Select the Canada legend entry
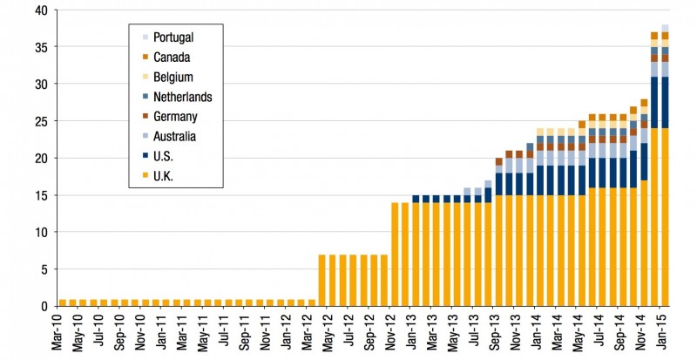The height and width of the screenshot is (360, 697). pyautogui.click(x=171, y=57)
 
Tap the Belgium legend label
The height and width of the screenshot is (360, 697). pyautogui.click(x=173, y=77)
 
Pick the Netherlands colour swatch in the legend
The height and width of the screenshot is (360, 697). pyautogui.click(x=145, y=97)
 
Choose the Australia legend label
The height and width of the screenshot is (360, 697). pyautogui.click(x=174, y=137)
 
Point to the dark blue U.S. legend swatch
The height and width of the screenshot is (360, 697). pyautogui.click(x=145, y=157)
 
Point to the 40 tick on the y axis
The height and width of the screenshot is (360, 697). pyautogui.click(x=41, y=10)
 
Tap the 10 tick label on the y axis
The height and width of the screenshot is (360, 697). pyautogui.click(x=41, y=232)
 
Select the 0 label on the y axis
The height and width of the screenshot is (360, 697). pyautogui.click(x=44, y=306)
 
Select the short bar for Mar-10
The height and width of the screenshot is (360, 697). pyautogui.click(x=63, y=302)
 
